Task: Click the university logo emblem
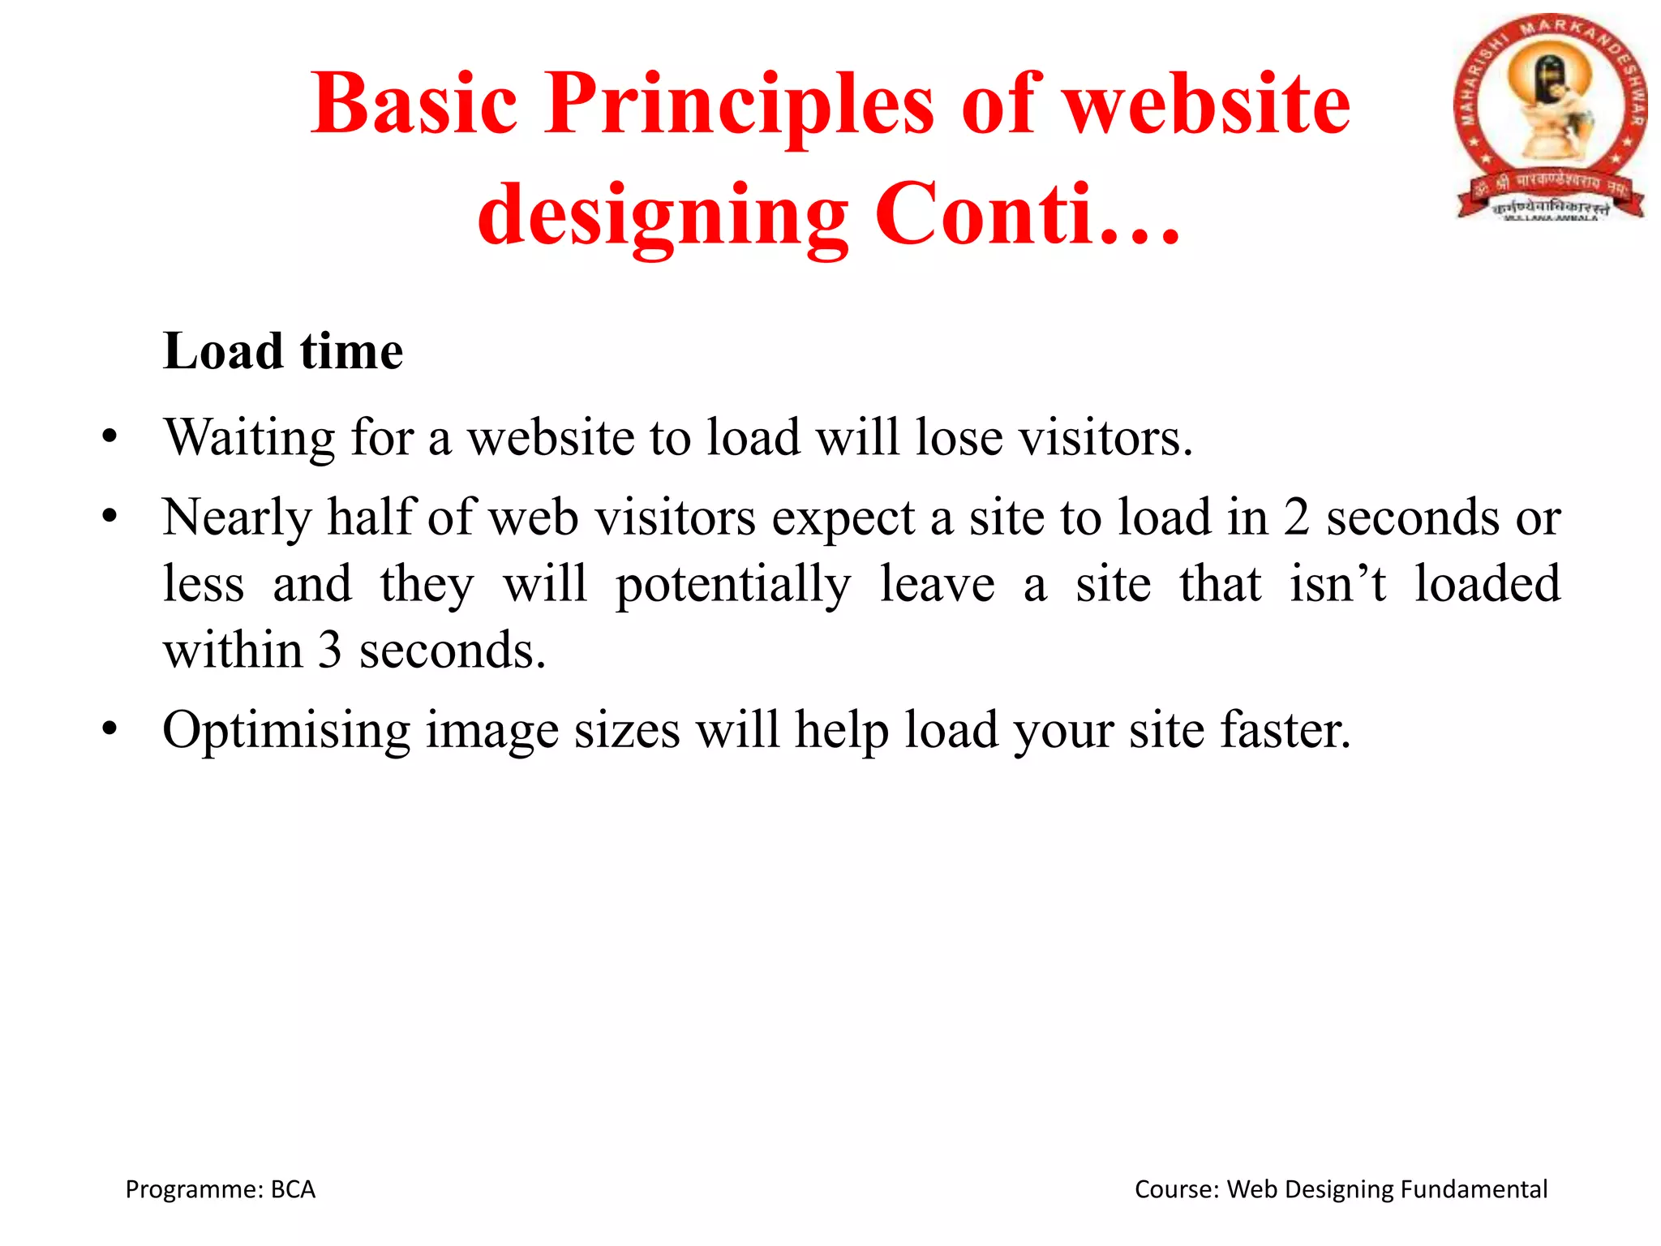coord(1549,118)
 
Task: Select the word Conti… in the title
coord(1027,214)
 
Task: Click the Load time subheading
coord(282,351)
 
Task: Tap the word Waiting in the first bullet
coord(249,439)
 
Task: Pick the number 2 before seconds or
coord(1296,518)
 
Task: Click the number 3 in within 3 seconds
coord(329,651)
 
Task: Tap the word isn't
coord(1338,584)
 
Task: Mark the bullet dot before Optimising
coord(109,728)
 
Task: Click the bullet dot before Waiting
coord(109,436)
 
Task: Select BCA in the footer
coord(293,1189)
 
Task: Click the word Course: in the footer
coord(1177,1189)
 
